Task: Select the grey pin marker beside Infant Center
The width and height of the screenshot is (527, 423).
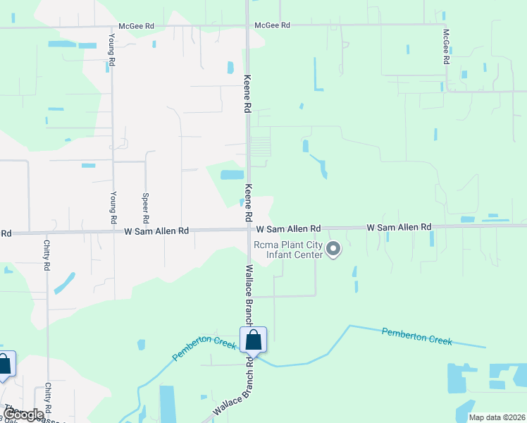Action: tap(334, 248)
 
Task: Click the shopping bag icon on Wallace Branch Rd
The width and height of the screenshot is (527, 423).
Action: tap(254, 341)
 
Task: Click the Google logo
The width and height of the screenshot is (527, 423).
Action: tap(23, 415)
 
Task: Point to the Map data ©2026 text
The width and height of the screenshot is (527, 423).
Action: tap(497, 417)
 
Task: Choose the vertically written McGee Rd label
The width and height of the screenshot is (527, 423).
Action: tap(446, 47)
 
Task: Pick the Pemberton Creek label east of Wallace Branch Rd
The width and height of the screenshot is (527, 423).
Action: tap(416, 335)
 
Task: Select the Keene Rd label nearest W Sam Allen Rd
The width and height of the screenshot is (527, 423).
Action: tap(249, 202)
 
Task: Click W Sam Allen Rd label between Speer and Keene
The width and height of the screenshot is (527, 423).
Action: tap(156, 231)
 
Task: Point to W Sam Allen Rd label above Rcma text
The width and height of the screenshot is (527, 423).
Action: tap(288, 229)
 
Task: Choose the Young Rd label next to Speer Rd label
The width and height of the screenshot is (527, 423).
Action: tap(113, 207)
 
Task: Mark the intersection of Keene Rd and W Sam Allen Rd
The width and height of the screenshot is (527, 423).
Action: tap(249, 228)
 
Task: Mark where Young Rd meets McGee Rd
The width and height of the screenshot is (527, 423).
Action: tap(111, 27)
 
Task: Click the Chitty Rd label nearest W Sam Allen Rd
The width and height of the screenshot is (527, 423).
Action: tap(46, 255)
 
